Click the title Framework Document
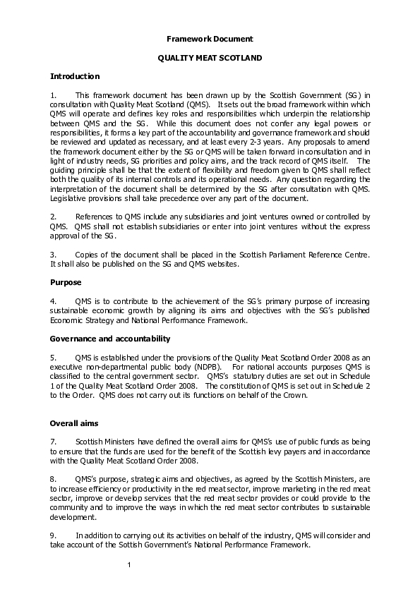pyautogui.click(x=210, y=39)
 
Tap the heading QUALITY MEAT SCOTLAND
pyautogui.click(x=210, y=58)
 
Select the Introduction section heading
pyautogui.click(x=75, y=76)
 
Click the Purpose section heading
pyautogui.click(x=66, y=282)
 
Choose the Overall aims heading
pyautogui.click(x=73, y=423)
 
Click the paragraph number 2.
pyautogui.click(x=53, y=215)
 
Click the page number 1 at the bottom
pyautogui.click(x=130, y=565)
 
